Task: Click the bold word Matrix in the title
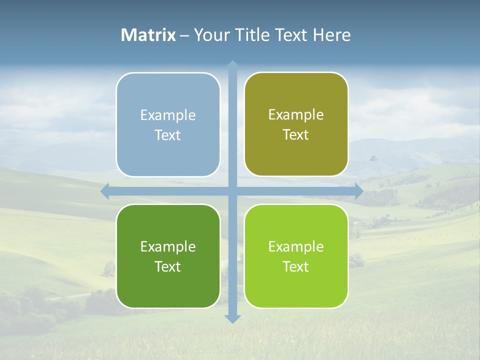(148, 35)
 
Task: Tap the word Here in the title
(332, 35)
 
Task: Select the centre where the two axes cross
(232, 191)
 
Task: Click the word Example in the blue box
(168, 115)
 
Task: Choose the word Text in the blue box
(168, 135)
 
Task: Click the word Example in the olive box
(296, 114)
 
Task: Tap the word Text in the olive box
(296, 134)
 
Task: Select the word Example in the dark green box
(168, 246)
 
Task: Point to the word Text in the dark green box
(168, 266)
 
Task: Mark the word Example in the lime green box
(296, 246)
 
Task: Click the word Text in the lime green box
(296, 266)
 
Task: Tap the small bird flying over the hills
(372, 158)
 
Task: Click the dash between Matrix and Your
(184, 35)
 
